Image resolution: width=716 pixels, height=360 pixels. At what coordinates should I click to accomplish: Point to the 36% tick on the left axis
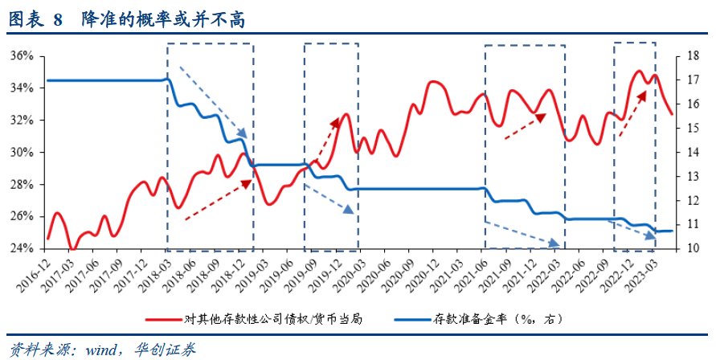point(22,55)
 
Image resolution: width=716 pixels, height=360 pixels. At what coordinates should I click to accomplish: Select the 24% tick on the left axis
point(22,248)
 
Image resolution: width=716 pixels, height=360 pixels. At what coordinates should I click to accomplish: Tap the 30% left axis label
point(22,152)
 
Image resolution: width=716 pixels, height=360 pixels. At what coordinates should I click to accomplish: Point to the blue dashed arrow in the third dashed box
point(522,232)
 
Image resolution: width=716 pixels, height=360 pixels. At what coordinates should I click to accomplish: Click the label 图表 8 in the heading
point(35,20)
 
